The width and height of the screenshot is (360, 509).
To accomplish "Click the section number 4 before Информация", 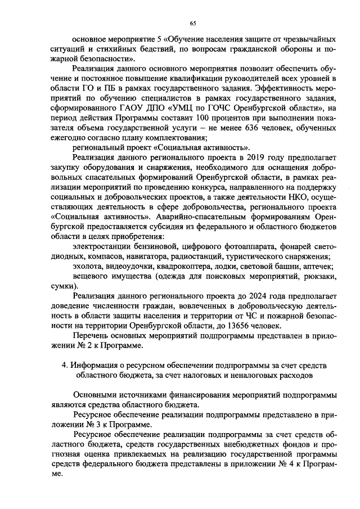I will click(x=64, y=366).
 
